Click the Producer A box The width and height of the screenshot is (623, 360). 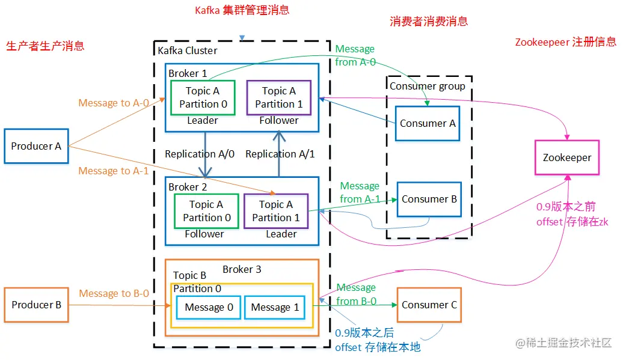[x=37, y=146]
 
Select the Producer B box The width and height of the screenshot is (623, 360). [x=37, y=305]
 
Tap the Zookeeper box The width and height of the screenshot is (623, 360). [x=566, y=158]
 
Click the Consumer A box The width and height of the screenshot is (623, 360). [x=428, y=123]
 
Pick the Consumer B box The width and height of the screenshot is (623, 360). [x=429, y=199]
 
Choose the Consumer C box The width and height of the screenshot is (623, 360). [x=429, y=305]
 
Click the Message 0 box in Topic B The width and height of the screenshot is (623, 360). [x=209, y=307]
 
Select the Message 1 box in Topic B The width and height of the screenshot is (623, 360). [x=275, y=307]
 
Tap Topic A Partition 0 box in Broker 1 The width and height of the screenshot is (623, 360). [x=203, y=97]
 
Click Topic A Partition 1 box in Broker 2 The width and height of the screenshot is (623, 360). [x=276, y=211]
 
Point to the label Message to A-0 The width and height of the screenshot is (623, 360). [x=114, y=103]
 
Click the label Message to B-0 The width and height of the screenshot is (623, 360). [x=114, y=293]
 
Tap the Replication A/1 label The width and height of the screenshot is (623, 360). [x=280, y=154]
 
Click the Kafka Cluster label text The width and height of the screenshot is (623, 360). [x=187, y=50]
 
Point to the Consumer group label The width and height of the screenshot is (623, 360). [x=427, y=86]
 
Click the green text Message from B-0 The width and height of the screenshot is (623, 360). [x=356, y=294]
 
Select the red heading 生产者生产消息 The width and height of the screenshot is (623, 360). [x=45, y=46]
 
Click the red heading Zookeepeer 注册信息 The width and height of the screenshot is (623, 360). [x=565, y=42]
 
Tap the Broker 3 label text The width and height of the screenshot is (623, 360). [x=242, y=269]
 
